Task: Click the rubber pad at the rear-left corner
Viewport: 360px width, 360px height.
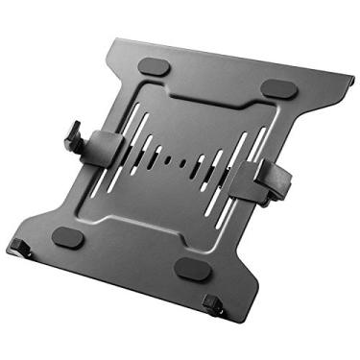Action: coord(156,68)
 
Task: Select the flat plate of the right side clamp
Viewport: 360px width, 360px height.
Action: coord(251,172)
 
